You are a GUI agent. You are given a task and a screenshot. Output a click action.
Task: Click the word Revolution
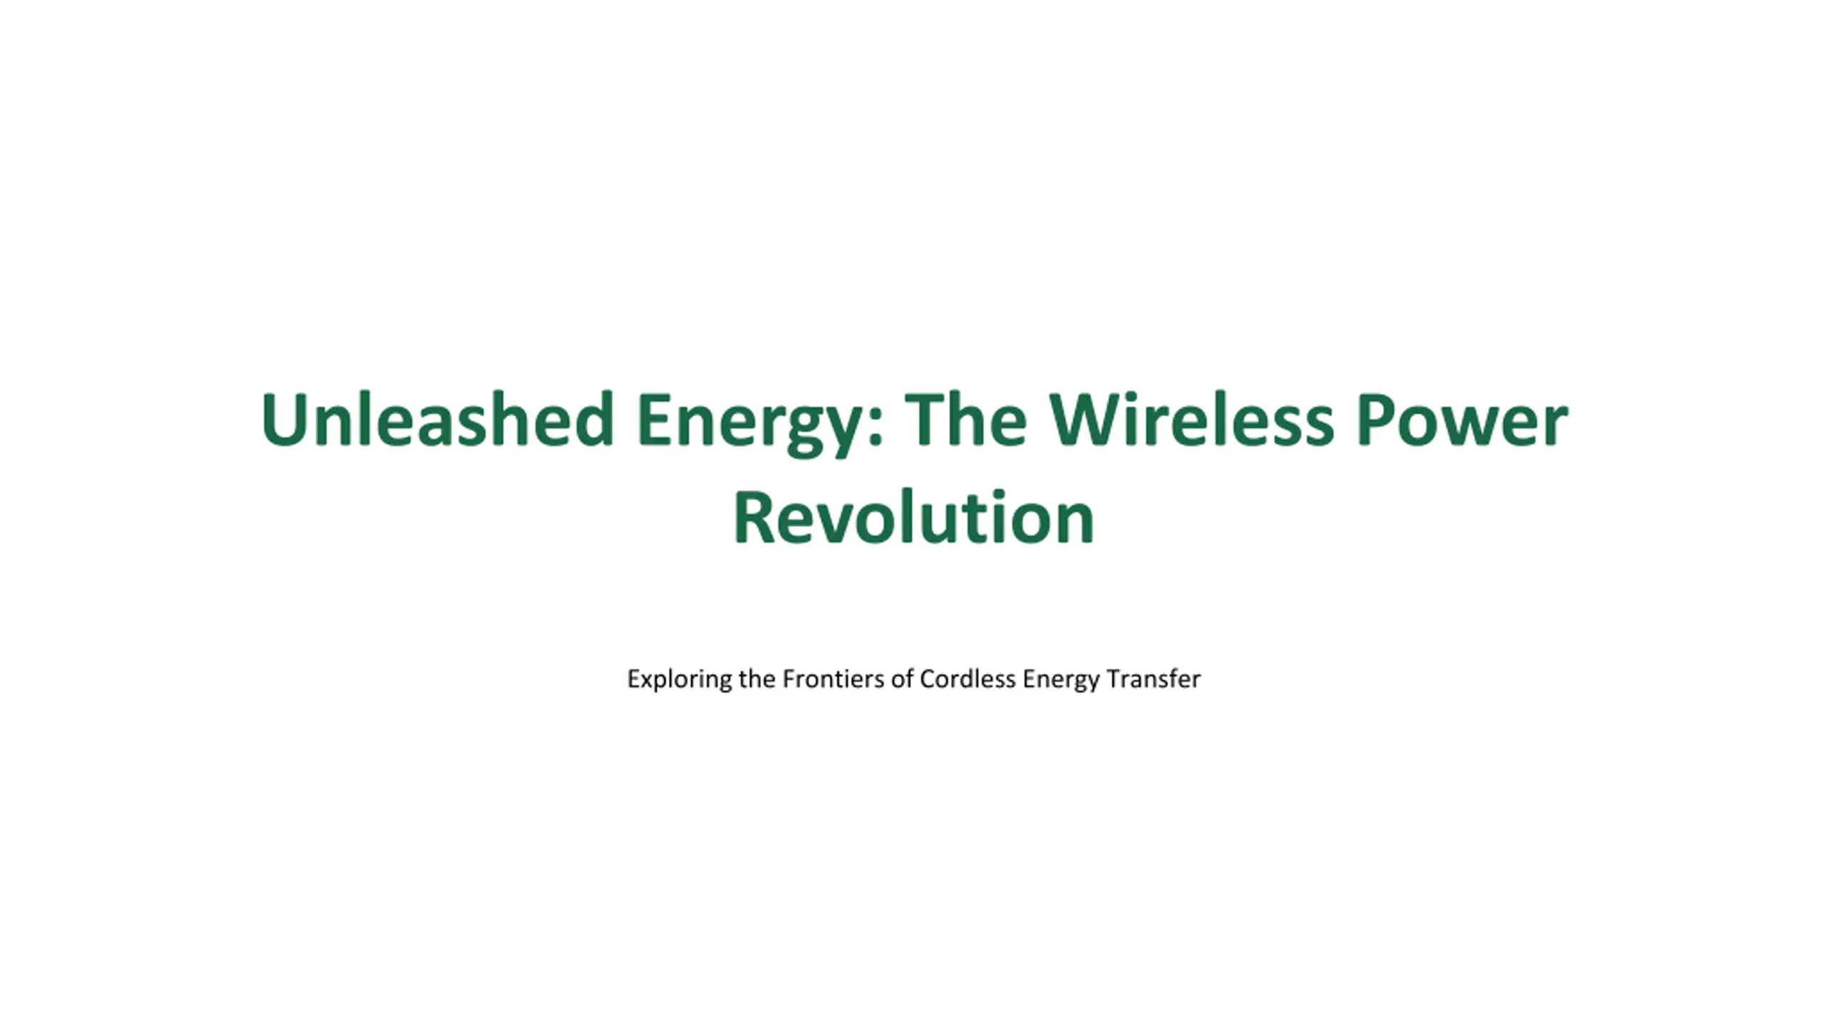pos(914,518)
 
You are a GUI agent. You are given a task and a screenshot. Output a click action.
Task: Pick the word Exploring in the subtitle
pos(679,679)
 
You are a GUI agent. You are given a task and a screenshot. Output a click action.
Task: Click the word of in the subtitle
pos(902,678)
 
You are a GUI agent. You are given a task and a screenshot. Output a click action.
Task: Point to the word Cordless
pos(968,678)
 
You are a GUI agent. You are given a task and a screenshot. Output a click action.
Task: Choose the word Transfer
pos(1153,678)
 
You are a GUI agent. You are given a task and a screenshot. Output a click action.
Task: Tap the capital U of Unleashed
pos(283,420)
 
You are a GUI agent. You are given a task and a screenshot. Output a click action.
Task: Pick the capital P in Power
pos(1376,420)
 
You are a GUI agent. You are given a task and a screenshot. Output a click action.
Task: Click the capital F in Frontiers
pos(790,678)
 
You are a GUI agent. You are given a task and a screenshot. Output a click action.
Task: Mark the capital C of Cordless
pos(928,678)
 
